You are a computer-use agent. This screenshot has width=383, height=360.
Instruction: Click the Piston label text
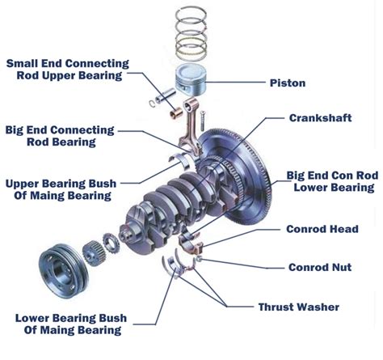coord(288,83)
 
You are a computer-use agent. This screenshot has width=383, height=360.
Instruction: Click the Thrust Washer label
coord(299,307)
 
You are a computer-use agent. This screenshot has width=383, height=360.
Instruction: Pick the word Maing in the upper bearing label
coord(76,195)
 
